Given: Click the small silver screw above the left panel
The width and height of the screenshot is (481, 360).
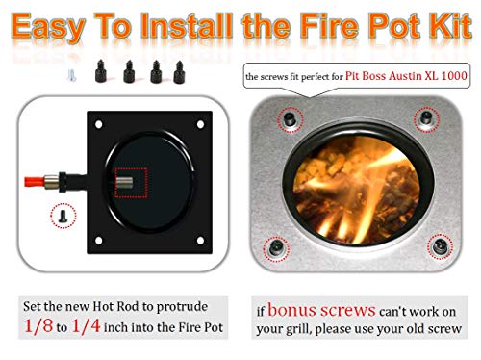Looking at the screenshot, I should click(x=70, y=70).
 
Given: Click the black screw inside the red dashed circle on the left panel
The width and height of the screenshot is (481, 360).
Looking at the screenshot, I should click(x=63, y=217).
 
